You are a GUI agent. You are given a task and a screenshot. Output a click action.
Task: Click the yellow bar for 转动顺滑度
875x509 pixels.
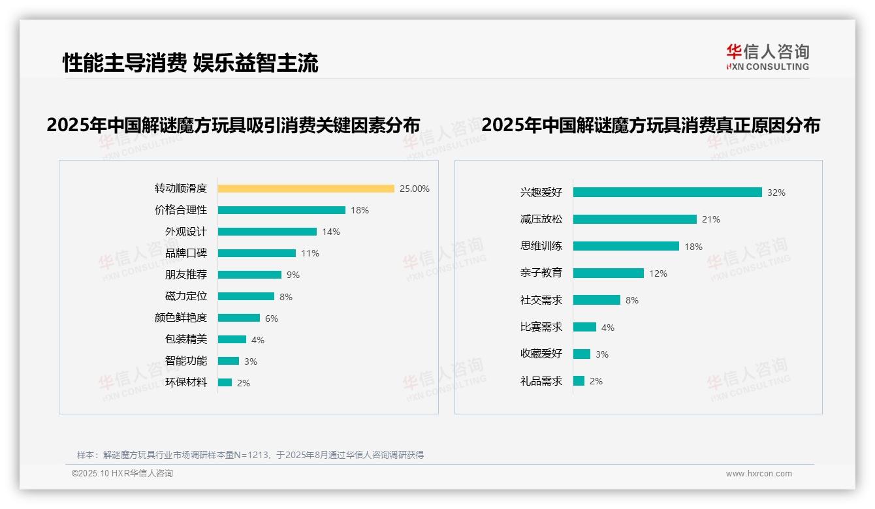(306, 189)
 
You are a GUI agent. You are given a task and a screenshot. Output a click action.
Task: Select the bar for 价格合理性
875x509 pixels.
(281, 210)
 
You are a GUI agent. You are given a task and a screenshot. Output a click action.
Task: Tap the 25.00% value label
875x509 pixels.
(415, 189)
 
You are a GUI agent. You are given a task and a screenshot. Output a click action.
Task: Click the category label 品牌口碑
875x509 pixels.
(186, 253)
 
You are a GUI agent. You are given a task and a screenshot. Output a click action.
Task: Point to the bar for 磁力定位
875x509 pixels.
(246, 296)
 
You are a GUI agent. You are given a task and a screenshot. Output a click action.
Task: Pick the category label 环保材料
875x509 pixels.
(186, 382)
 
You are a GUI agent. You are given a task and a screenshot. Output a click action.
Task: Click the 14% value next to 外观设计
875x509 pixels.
(331, 232)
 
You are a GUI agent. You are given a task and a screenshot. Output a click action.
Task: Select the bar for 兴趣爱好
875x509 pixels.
(667, 193)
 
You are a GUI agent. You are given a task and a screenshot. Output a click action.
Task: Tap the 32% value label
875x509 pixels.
(776, 193)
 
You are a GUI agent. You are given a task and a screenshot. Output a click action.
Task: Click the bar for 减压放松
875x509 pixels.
(635, 219)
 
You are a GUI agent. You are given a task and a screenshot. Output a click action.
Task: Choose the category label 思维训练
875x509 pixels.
(541, 246)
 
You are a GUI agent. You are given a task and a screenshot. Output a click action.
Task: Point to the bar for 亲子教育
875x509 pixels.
(609, 273)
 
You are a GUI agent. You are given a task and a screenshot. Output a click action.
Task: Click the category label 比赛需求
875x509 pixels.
(541, 327)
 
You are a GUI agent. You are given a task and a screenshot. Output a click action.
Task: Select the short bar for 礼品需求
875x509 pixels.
(579, 380)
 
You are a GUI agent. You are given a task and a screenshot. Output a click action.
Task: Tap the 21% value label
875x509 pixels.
(711, 220)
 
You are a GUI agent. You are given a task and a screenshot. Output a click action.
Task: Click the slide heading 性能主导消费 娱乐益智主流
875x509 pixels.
(191, 63)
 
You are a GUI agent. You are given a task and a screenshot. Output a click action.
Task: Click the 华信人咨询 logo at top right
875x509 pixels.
(767, 57)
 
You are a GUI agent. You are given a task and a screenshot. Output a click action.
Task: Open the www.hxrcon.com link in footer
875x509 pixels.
(759, 474)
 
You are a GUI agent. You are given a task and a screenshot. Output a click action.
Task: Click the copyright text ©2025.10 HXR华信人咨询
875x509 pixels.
(122, 474)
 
